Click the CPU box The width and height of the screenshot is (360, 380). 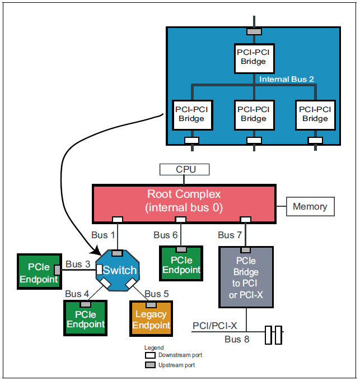tap(184, 169)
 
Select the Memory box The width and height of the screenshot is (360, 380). tap(310, 206)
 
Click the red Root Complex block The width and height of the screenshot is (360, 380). tap(184, 201)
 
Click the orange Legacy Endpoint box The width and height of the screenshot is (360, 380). tap(151, 320)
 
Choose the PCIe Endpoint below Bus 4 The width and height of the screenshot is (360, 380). tap(85, 319)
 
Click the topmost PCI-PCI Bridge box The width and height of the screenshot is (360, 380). tap(253, 57)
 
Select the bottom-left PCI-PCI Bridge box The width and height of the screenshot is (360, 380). tap(191, 114)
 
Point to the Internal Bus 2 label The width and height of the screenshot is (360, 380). tap(287, 80)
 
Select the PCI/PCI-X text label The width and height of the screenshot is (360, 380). tap(215, 326)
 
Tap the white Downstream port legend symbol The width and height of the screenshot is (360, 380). tap(149, 355)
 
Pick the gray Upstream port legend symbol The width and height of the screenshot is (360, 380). tap(149, 365)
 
